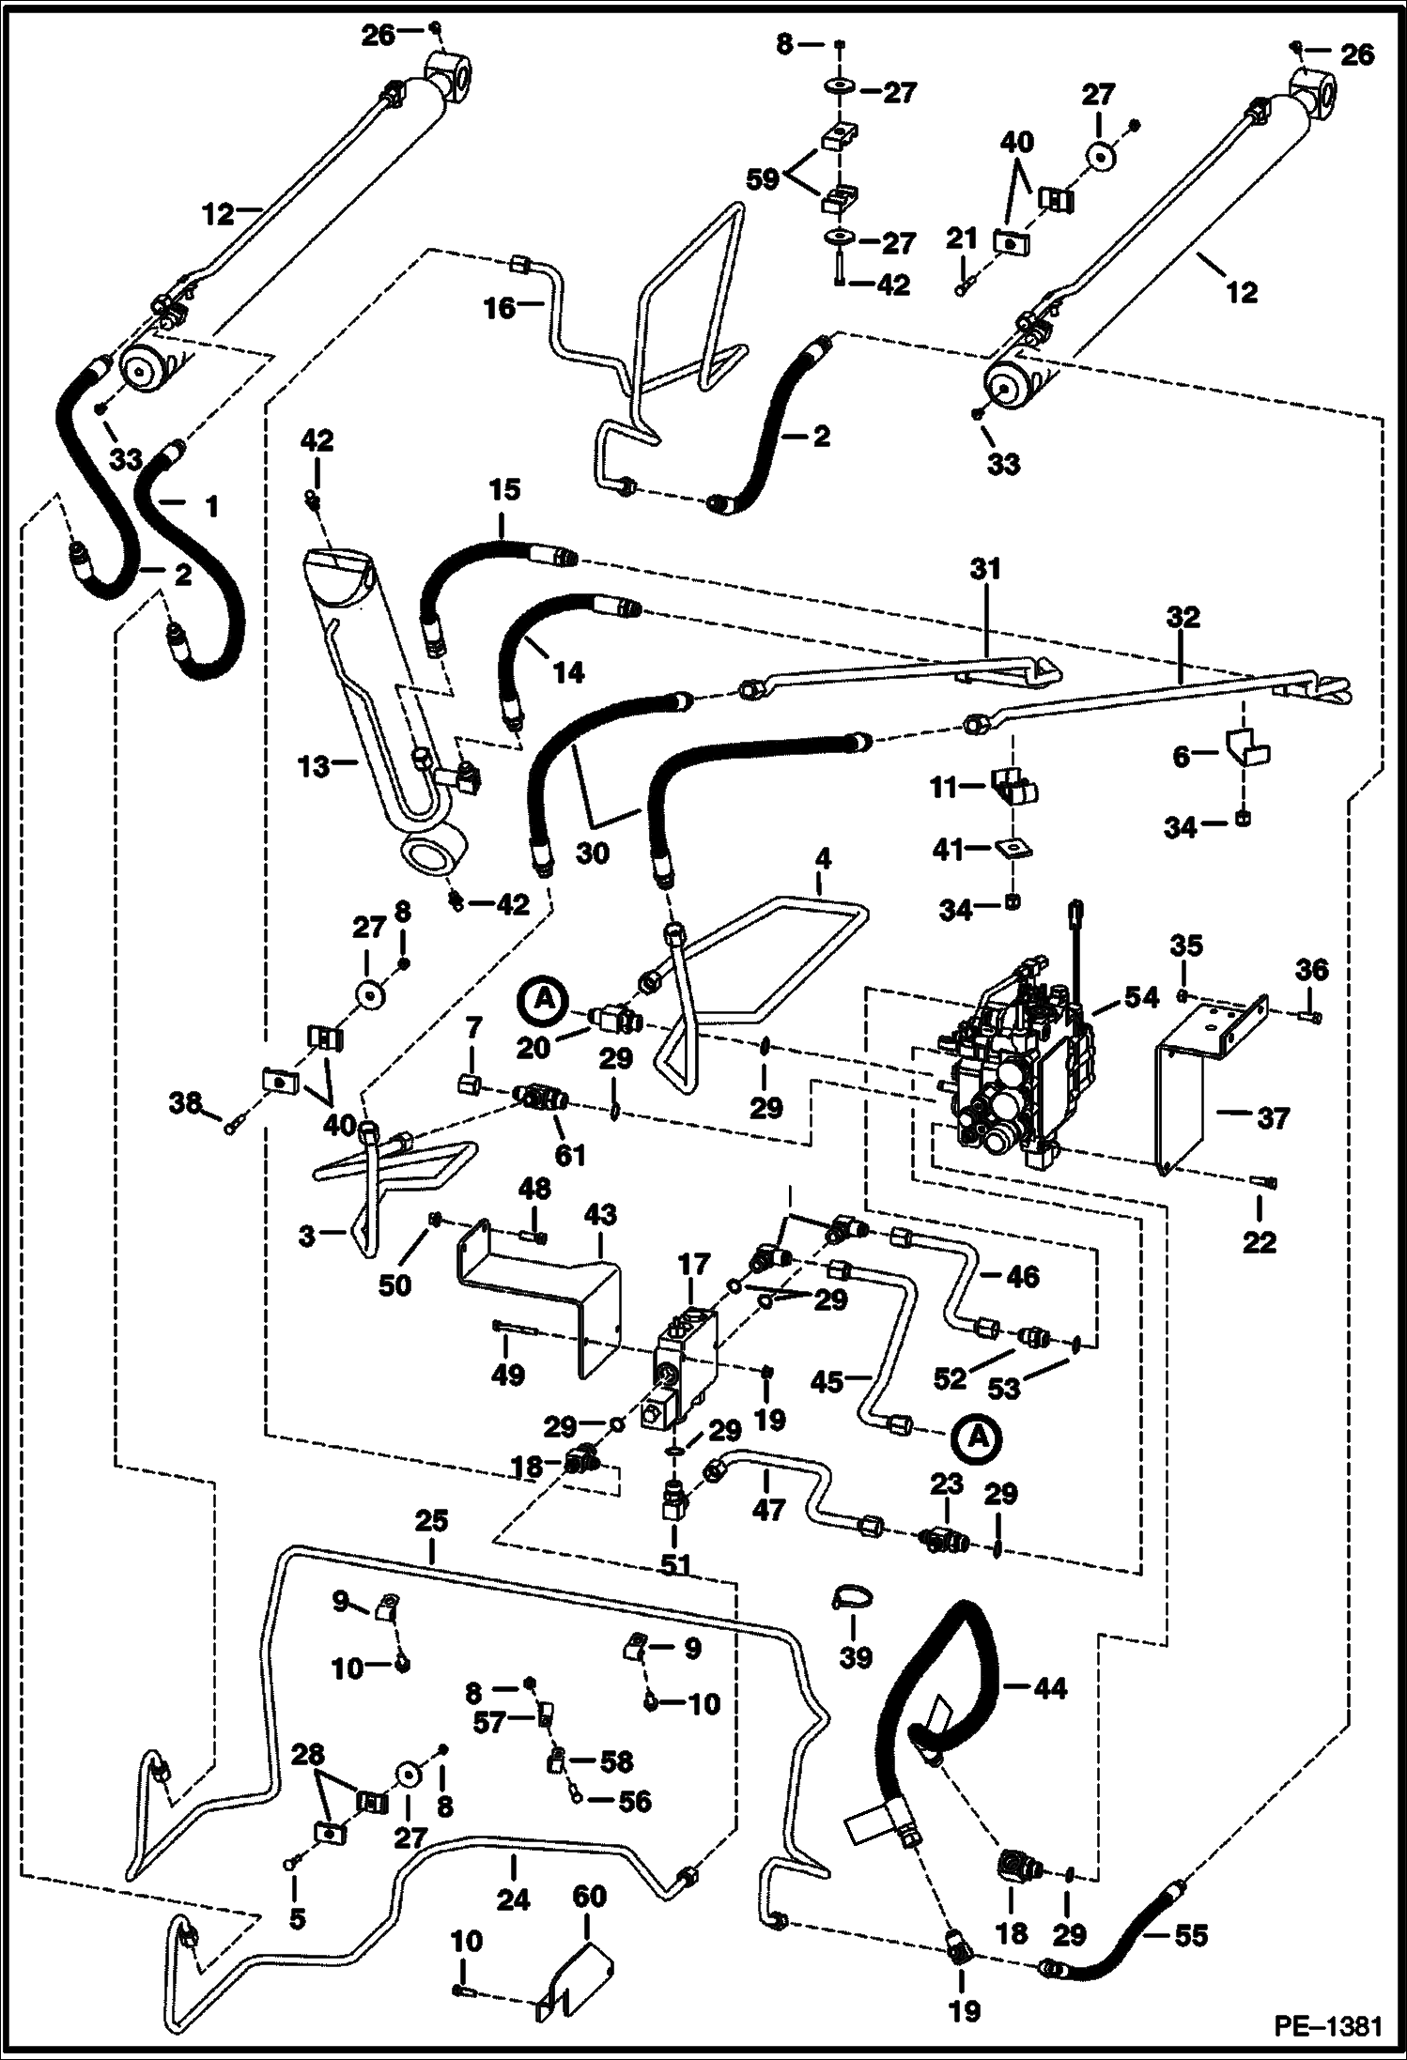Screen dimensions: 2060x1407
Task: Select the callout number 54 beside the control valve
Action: pyautogui.click(x=1141, y=998)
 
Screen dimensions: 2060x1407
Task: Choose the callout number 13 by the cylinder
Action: pyautogui.click(x=315, y=767)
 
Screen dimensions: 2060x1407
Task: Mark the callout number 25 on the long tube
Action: pyautogui.click(x=432, y=1521)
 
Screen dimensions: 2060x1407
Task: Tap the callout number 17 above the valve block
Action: pyautogui.click(x=694, y=1267)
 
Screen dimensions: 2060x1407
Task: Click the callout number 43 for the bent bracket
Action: pyautogui.click(x=601, y=1215)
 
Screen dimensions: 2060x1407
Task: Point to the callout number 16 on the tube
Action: pyautogui.click(x=501, y=307)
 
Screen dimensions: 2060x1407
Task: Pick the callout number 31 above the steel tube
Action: pyautogui.click(x=985, y=569)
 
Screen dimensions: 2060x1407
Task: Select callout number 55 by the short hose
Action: pyautogui.click(x=1191, y=1936)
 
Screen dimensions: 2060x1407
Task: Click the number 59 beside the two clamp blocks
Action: pyautogui.click(x=762, y=178)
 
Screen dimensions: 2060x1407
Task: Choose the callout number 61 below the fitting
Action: pyautogui.click(x=570, y=1154)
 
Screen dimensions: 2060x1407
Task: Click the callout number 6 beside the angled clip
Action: pyautogui.click(x=1181, y=756)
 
